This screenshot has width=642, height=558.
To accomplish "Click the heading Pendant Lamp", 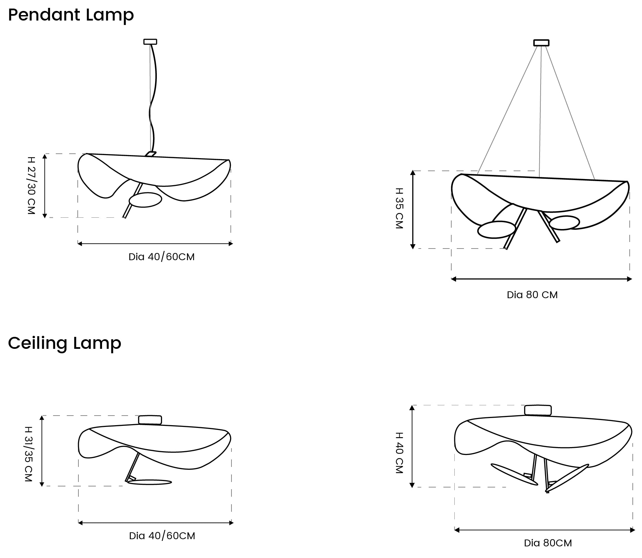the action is tap(71, 15).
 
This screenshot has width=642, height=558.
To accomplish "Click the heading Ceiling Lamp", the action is tap(65, 343).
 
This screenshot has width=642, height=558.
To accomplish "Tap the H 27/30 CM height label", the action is tap(31, 186).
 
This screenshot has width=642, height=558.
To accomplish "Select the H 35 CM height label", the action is tap(400, 208).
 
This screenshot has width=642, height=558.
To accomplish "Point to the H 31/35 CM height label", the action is tap(28, 454).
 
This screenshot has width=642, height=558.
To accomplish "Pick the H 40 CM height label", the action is tap(400, 453).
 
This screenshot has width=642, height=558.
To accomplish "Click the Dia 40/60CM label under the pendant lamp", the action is tap(162, 257).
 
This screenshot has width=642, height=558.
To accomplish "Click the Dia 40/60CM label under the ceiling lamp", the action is tap(162, 536).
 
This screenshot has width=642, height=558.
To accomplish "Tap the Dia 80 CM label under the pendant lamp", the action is tap(532, 295).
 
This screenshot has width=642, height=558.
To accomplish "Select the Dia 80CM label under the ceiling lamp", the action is tap(548, 543).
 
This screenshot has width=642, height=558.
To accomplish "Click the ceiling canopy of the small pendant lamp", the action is tap(150, 42).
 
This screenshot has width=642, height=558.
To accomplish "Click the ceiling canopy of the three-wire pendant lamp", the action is tap(541, 43).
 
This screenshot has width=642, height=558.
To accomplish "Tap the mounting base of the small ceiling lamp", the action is tap(150, 420).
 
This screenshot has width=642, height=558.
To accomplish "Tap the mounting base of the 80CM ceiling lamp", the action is tap(538, 410).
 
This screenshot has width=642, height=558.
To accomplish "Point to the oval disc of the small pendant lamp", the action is tap(145, 200).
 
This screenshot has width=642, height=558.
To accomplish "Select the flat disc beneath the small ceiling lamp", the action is tap(149, 482).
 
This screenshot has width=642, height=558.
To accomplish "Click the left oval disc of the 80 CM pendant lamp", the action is tap(496, 230).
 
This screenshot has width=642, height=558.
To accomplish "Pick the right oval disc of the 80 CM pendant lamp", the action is tap(565, 223).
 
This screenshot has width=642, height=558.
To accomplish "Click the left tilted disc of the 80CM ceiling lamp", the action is tap(514, 474).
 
